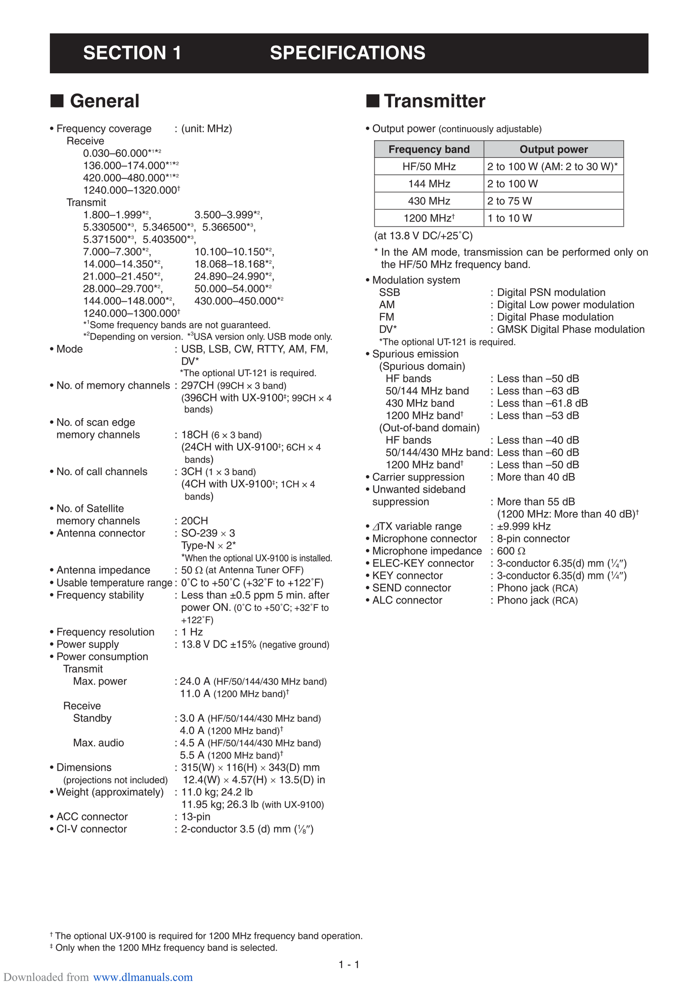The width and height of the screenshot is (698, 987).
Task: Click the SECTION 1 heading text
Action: point(132,53)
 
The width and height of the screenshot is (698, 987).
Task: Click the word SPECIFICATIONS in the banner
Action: point(347,53)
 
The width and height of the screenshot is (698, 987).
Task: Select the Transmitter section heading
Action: point(434,101)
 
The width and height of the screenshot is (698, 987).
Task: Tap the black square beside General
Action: point(57,101)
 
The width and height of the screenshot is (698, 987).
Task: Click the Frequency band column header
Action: point(428,149)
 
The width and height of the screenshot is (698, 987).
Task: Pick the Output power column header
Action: point(554,149)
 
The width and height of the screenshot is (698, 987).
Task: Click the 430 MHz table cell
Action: point(428,201)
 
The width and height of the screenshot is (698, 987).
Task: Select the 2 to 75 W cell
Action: point(510,201)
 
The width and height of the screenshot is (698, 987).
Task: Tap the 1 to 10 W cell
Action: point(510,218)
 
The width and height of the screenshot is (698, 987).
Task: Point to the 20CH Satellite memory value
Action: point(194,521)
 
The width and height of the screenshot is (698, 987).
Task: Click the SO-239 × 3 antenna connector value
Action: point(208,533)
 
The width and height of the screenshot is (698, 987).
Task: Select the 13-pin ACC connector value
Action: point(196,817)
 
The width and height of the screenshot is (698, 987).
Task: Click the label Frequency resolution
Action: point(105,632)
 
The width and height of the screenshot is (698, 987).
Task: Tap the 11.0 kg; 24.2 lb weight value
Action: point(217,792)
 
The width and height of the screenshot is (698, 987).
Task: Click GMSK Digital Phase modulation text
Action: point(570,329)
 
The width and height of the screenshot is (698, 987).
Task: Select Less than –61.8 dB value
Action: point(542,403)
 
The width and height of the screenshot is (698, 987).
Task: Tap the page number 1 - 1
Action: point(349,965)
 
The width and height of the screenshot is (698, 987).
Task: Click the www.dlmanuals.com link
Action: point(142,977)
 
